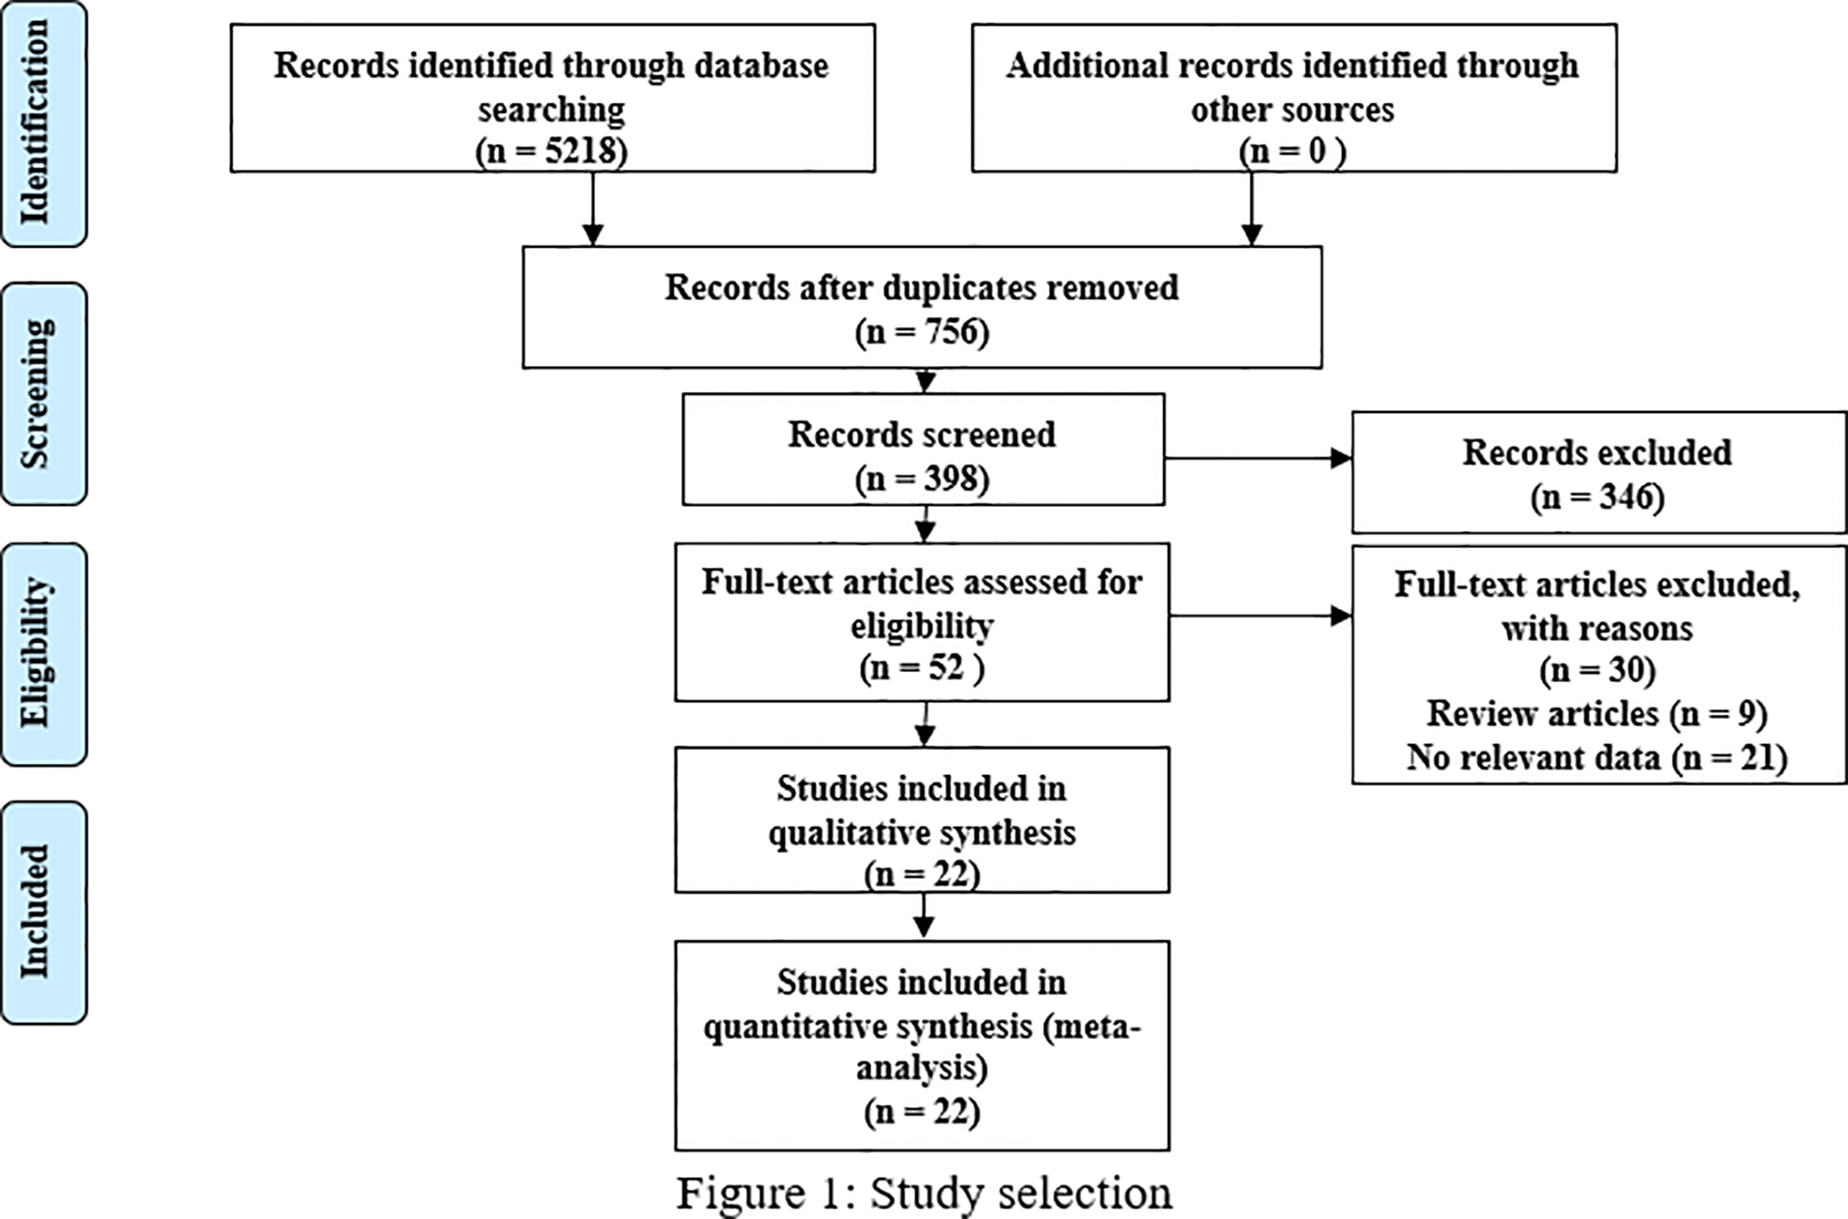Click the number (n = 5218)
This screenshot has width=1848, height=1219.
551,151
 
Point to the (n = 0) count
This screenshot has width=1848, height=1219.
1292,151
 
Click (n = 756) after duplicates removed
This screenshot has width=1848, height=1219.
922,332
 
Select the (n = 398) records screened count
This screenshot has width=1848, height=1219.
922,479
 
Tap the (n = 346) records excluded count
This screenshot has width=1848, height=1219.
1597,496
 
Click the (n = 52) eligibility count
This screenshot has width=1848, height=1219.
922,668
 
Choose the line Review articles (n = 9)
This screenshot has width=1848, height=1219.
1597,714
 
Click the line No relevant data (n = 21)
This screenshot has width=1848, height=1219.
1597,757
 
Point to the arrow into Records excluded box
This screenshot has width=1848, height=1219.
1258,459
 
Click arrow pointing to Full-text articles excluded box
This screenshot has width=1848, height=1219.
1260,617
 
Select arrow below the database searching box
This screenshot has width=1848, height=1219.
592,209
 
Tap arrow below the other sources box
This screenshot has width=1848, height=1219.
1251,209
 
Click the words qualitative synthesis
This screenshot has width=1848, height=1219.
922,832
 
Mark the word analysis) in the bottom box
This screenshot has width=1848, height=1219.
922,1068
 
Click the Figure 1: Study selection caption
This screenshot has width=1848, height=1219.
924,1194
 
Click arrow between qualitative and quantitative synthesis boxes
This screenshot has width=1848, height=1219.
924,916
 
